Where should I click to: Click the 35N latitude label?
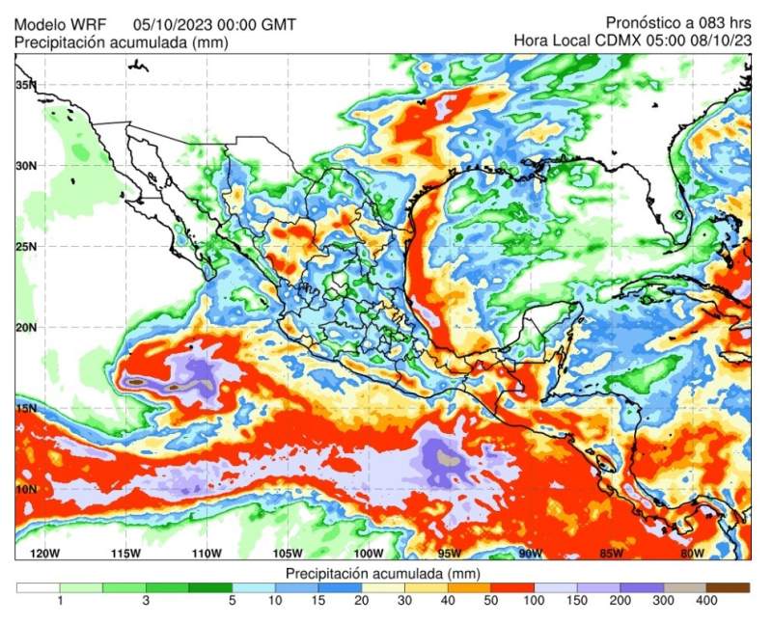click(26, 85)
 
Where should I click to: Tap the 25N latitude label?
click(26, 246)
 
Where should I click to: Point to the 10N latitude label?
click(26, 489)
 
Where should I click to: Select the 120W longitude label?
click(44, 553)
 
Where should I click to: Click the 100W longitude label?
click(368, 553)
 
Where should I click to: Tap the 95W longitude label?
click(449, 553)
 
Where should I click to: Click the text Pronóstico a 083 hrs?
click(679, 22)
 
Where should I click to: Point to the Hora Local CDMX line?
click(632, 41)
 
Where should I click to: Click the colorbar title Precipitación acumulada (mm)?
click(383, 573)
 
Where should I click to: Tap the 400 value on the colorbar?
click(705, 601)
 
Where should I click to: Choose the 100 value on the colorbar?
click(534, 601)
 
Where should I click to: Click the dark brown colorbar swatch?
click(728, 586)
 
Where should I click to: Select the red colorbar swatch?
click(512, 586)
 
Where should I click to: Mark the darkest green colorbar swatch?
click(210, 586)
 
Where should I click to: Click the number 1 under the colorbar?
click(60, 601)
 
